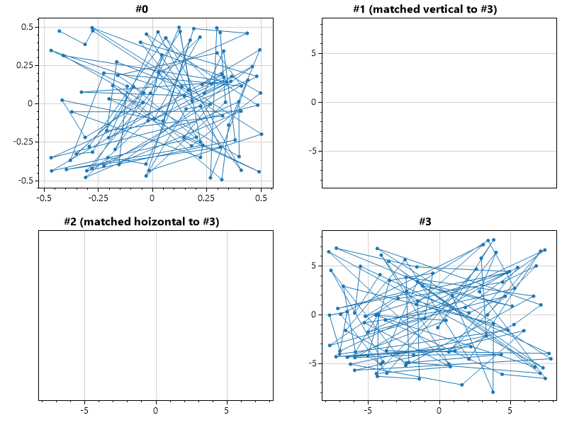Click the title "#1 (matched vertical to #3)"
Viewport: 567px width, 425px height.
425,9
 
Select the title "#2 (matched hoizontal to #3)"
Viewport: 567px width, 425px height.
141,222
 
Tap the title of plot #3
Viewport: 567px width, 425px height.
425,222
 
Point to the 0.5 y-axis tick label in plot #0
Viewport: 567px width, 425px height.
27,27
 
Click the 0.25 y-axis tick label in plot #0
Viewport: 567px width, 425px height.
25,65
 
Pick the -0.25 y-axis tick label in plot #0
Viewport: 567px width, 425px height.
23,142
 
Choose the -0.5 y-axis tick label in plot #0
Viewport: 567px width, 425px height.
26,181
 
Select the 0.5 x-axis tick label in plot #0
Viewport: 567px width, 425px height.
261,199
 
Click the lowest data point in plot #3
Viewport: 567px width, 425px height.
493,392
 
